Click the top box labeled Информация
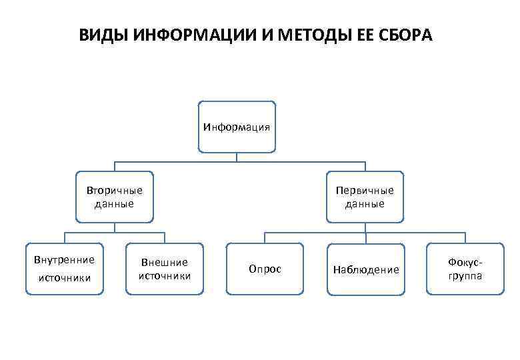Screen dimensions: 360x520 point(237,126)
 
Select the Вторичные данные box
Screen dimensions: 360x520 point(115,197)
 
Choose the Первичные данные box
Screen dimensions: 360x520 point(365,197)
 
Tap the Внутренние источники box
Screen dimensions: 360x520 point(65,268)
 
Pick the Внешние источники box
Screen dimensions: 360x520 point(165,269)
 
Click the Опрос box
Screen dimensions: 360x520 point(265,269)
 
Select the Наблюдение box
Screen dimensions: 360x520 point(365,269)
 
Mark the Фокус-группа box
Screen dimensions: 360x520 point(465,269)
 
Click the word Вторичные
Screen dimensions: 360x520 point(115,191)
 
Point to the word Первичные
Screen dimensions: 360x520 point(365,191)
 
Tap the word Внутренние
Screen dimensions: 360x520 point(65,259)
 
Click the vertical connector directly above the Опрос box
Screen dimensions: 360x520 point(265,238)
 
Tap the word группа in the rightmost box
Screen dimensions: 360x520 point(465,275)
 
